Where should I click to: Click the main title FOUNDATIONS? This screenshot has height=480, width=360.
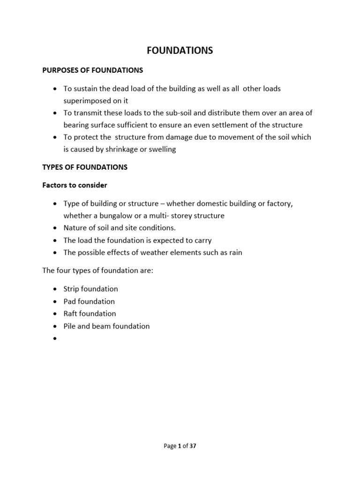coord(180,51)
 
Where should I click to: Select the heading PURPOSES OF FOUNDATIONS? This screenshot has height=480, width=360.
coord(93,70)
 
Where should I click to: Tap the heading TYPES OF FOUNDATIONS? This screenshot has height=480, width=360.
coord(85,167)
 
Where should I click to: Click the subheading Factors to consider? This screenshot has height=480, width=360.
coord(75,185)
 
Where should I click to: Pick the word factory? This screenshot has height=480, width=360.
coord(280,204)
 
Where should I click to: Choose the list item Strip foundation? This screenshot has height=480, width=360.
coord(91,289)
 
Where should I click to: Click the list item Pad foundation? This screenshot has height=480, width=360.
coord(89,301)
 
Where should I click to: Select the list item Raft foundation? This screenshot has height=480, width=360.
coord(90,314)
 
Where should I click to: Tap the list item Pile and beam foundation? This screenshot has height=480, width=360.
coord(106,326)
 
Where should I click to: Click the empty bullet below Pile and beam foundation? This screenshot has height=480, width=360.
coord(55,338)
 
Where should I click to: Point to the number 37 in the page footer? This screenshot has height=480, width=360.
coord(192,446)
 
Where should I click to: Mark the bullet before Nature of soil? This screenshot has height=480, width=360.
coord(55,228)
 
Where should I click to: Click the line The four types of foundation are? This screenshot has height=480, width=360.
coord(97,270)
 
